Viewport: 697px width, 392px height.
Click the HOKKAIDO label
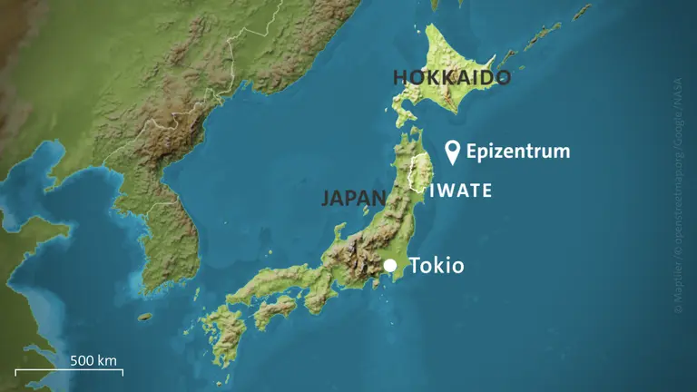[451, 77]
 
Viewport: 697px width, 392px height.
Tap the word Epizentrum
[518, 152]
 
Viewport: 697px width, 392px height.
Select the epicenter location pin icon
[453, 151]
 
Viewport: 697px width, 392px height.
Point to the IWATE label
[461, 191]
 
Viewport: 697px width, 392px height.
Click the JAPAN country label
[354, 198]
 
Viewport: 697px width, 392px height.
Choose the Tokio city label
[437, 266]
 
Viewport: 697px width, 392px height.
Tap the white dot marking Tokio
[390, 266]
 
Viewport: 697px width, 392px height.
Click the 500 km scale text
[94, 360]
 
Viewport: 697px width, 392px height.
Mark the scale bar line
[69, 372]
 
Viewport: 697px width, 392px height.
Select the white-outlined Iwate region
[419, 172]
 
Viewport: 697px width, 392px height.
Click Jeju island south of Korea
[145, 317]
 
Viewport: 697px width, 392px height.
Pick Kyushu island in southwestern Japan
[223, 331]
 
